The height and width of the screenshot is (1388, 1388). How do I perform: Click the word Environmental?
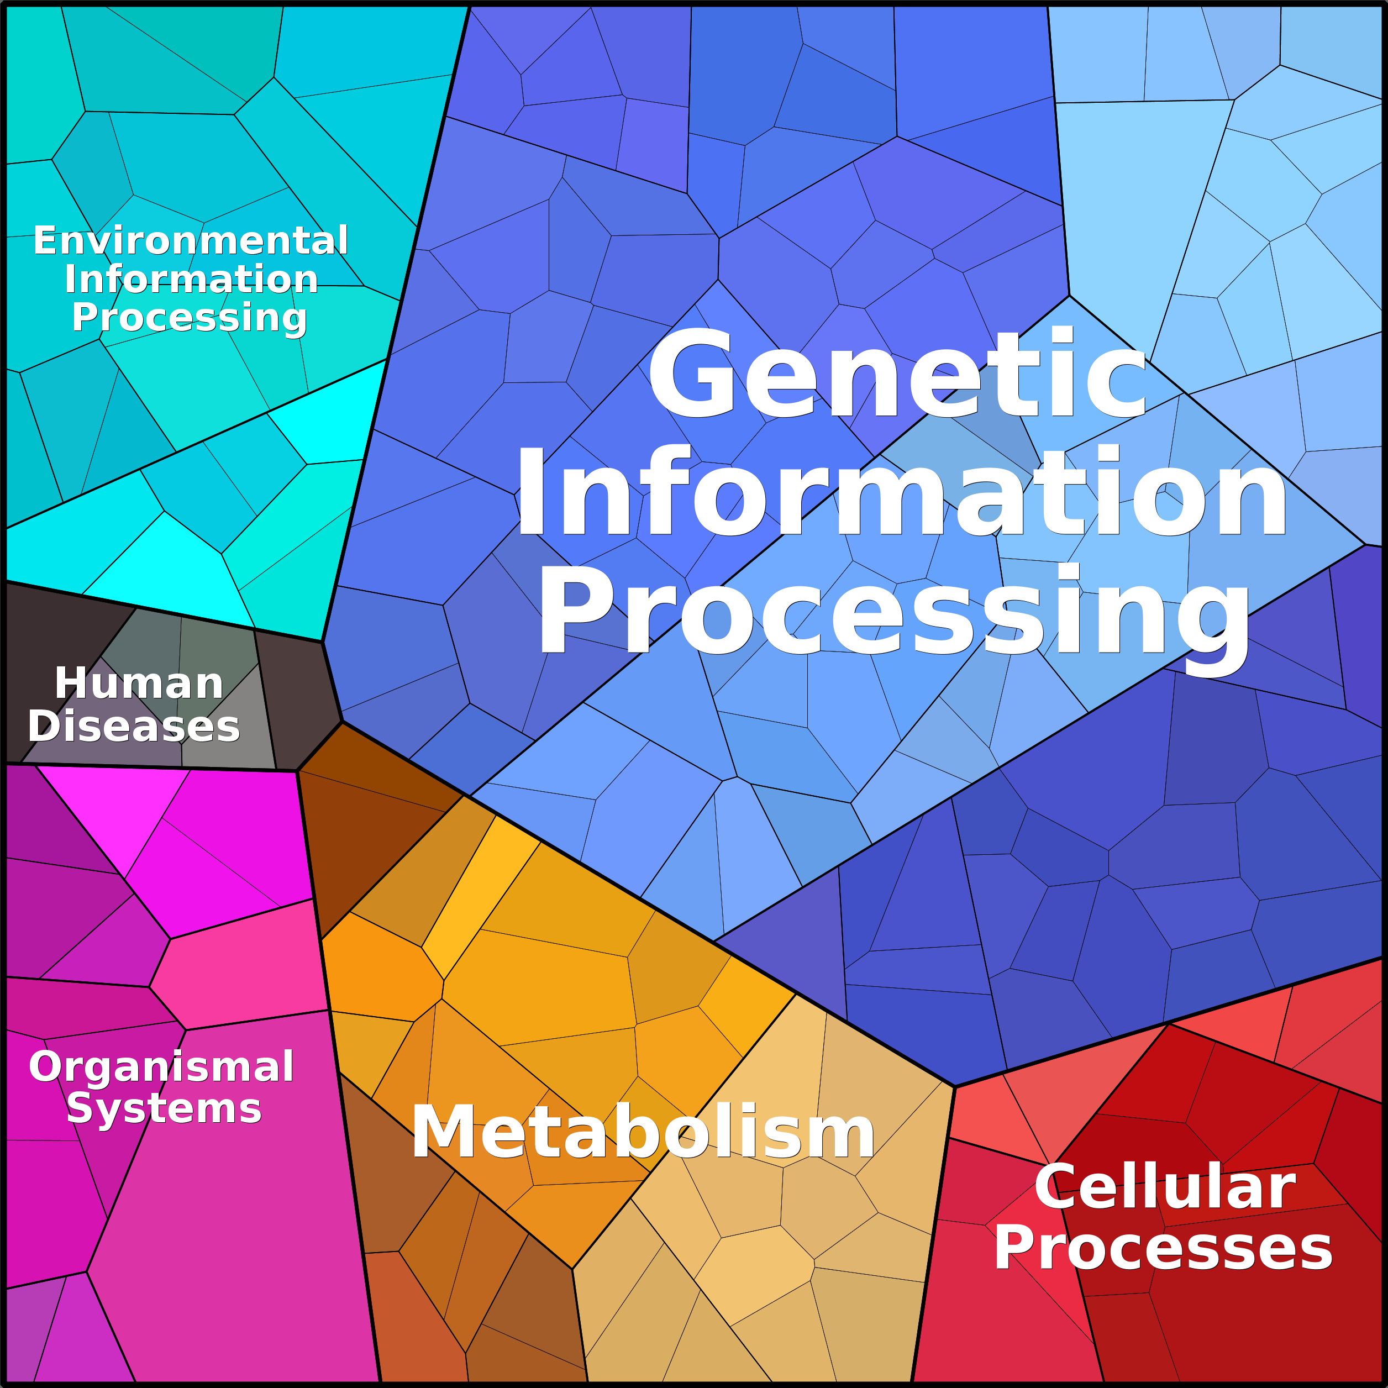(191, 241)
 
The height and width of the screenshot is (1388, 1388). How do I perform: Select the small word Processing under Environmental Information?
(190, 318)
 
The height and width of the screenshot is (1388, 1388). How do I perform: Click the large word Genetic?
(897, 374)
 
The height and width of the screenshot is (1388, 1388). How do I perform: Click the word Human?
(139, 683)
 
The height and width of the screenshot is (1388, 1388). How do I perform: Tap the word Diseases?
(134, 727)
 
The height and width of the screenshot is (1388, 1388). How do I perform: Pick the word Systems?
(164, 1108)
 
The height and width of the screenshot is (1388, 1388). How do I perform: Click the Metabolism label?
(643, 1133)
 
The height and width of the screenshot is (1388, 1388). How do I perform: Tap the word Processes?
(1163, 1249)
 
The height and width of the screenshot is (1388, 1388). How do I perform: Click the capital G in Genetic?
(692, 374)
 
